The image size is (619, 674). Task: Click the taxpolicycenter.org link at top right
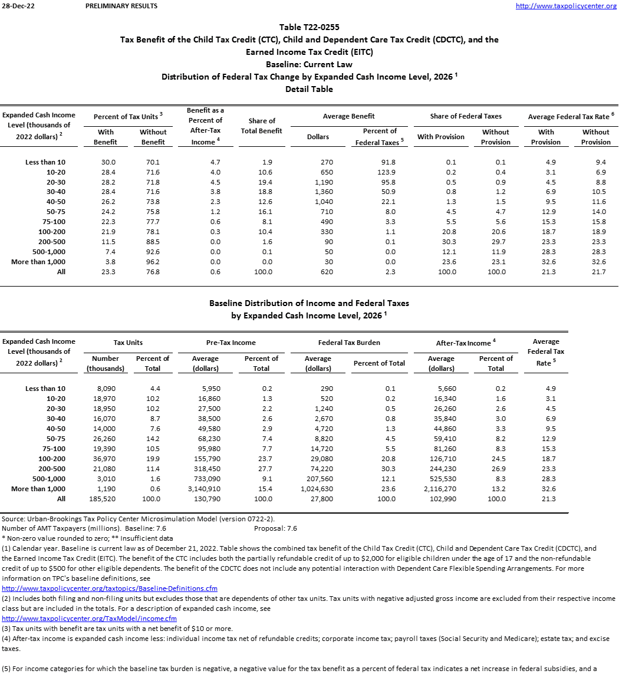[x=565, y=6]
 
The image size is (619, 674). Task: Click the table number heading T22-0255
[x=309, y=27]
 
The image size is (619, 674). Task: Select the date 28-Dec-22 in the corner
[x=17, y=6]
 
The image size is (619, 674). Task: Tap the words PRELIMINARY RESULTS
[x=121, y=6]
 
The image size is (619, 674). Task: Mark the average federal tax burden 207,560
[x=318, y=479]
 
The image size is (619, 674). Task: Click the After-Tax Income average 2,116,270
[x=441, y=489]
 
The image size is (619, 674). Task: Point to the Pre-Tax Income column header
[x=232, y=343]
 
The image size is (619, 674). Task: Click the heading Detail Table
[x=309, y=89]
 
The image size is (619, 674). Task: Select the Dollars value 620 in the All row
[x=318, y=272]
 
